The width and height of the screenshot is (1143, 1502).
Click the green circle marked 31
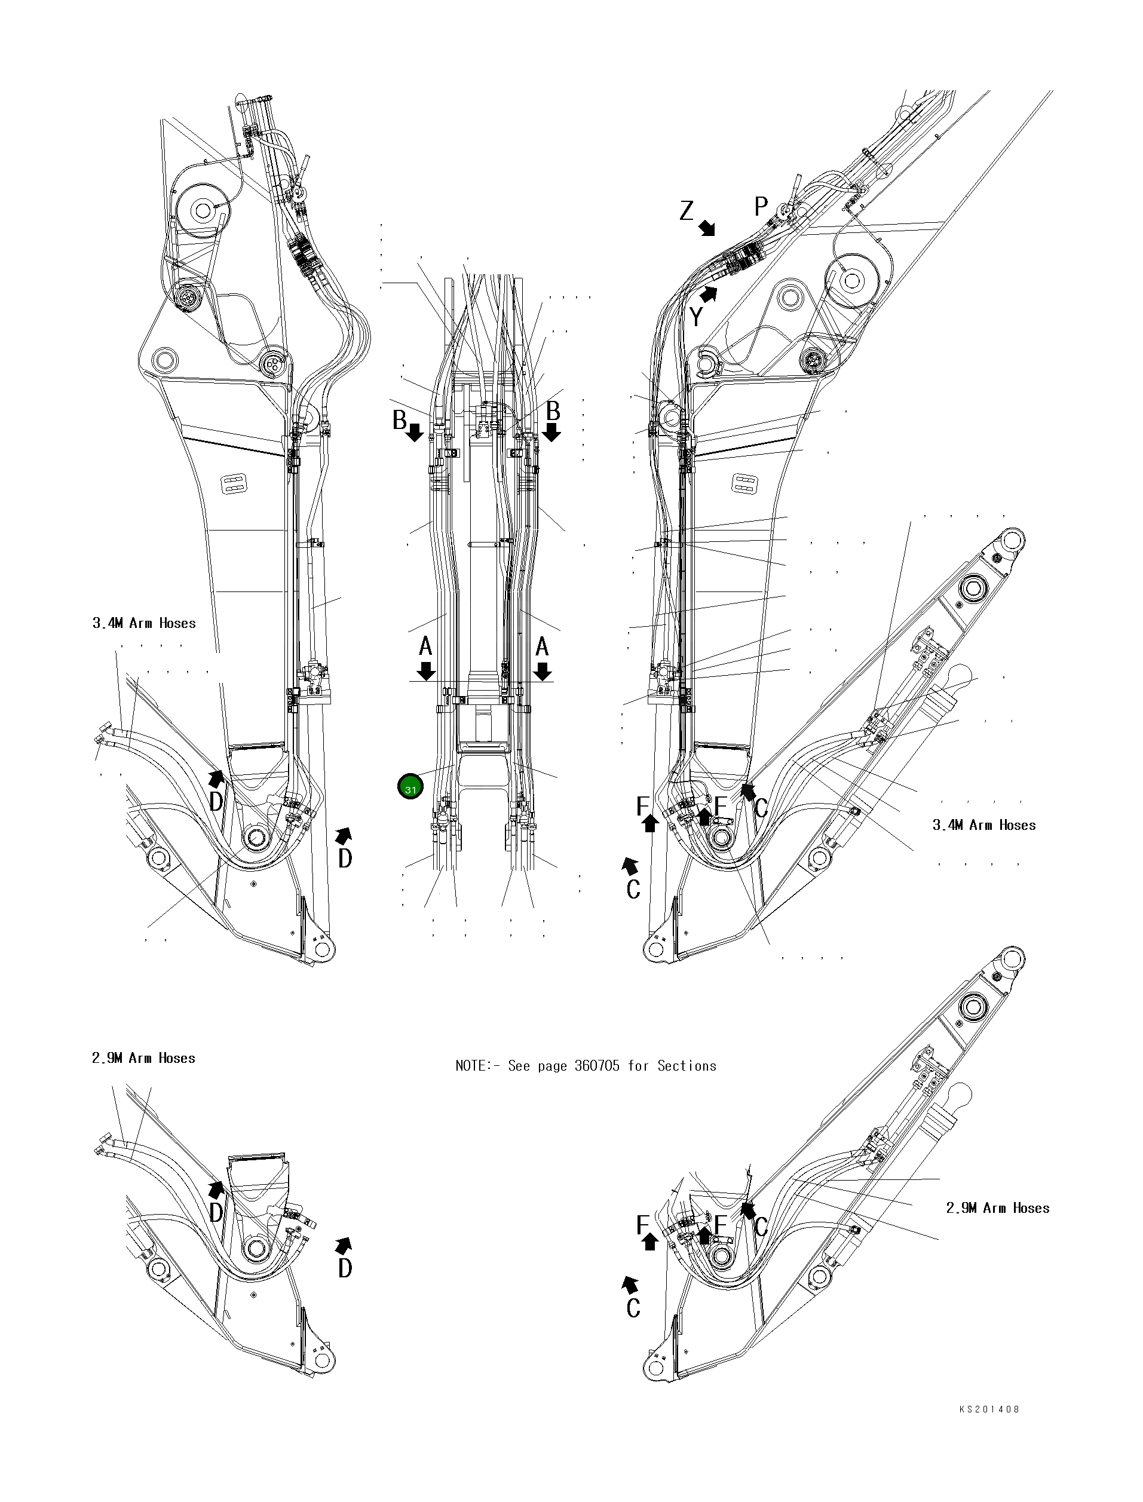pyautogui.click(x=410, y=787)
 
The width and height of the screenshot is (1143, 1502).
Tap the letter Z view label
pyautogui.click(x=687, y=211)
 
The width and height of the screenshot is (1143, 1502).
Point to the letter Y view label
pyautogui.click(x=696, y=316)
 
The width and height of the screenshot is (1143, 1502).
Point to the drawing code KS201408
pyautogui.click(x=989, y=1409)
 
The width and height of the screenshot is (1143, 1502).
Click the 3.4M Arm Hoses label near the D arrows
pyautogui.click(x=144, y=623)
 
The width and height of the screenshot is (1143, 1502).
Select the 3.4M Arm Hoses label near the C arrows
pyautogui.click(x=984, y=825)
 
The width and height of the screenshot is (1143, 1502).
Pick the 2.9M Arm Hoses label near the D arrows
pyautogui.click(x=143, y=1058)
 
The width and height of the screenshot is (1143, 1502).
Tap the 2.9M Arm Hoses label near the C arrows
pyautogui.click(x=997, y=1208)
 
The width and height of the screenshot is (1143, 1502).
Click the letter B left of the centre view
pyautogui.click(x=399, y=421)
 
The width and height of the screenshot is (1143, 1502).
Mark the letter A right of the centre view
pyautogui.click(x=543, y=646)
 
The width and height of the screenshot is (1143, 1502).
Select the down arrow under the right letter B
pyautogui.click(x=551, y=431)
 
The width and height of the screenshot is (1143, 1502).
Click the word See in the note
pyautogui.click(x=519, y=1066)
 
